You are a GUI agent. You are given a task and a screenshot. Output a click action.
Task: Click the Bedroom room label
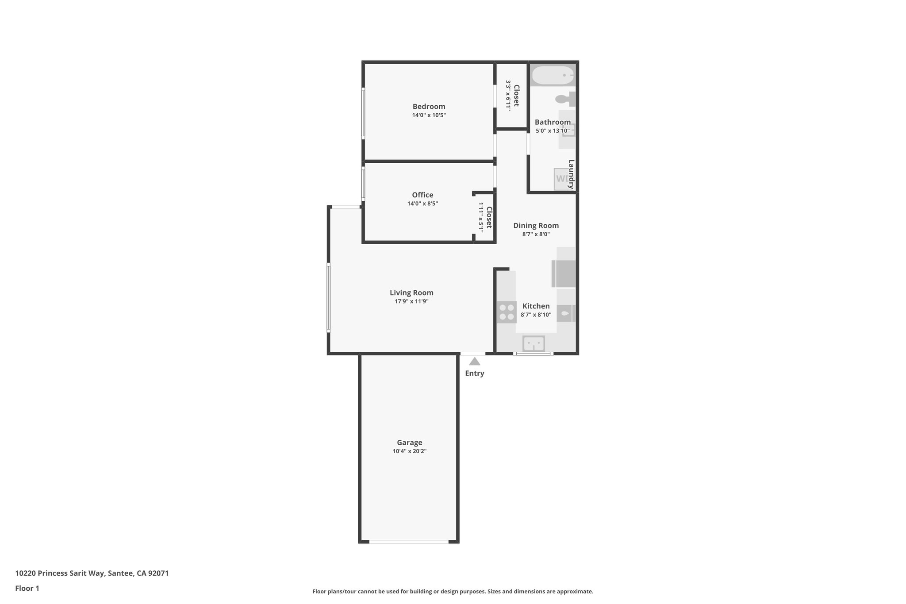pyautogui.click(x=429, y=107)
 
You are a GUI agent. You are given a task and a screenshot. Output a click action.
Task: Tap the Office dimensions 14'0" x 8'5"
pyautogui.click(x=422, y=204)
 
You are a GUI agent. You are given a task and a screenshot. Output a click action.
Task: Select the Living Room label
pyautogui.click(x=411, y=292)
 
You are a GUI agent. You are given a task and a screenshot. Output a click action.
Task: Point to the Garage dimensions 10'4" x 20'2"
pyautogui.click(x=409, y=451)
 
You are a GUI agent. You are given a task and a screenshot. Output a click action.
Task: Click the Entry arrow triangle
pyautogui.click(x=474, y=362)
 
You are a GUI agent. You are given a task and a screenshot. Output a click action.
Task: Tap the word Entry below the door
pyautogui.click(x=474, y=373)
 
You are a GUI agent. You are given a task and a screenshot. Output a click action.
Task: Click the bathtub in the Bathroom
pyautogui.click(x=553, y=76)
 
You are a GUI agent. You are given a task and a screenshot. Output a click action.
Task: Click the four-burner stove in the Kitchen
pyautogui.click(x=506, y=312)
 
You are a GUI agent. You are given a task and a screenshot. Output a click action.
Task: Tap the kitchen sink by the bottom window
pyautogui.click(x=534, y=343)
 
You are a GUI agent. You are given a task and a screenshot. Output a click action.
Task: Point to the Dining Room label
pyautogui.click(x=536, y=226)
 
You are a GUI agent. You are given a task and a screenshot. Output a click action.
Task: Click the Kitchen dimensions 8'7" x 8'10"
pyautogui.click(x=536, y=315)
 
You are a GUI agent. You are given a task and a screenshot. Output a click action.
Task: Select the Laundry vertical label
pyautogui.click(x=571, y=174)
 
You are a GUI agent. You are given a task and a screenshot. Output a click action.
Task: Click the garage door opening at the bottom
pyautogui.click(x=409, y=542)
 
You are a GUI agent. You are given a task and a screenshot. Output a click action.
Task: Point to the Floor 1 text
pyautogui.click(x=27, y=589)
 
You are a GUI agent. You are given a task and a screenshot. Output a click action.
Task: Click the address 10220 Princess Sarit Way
pyautogui.click(x=92, y=573)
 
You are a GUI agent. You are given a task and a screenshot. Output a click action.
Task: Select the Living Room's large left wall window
pyautogui.click(x=328, y=297)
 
